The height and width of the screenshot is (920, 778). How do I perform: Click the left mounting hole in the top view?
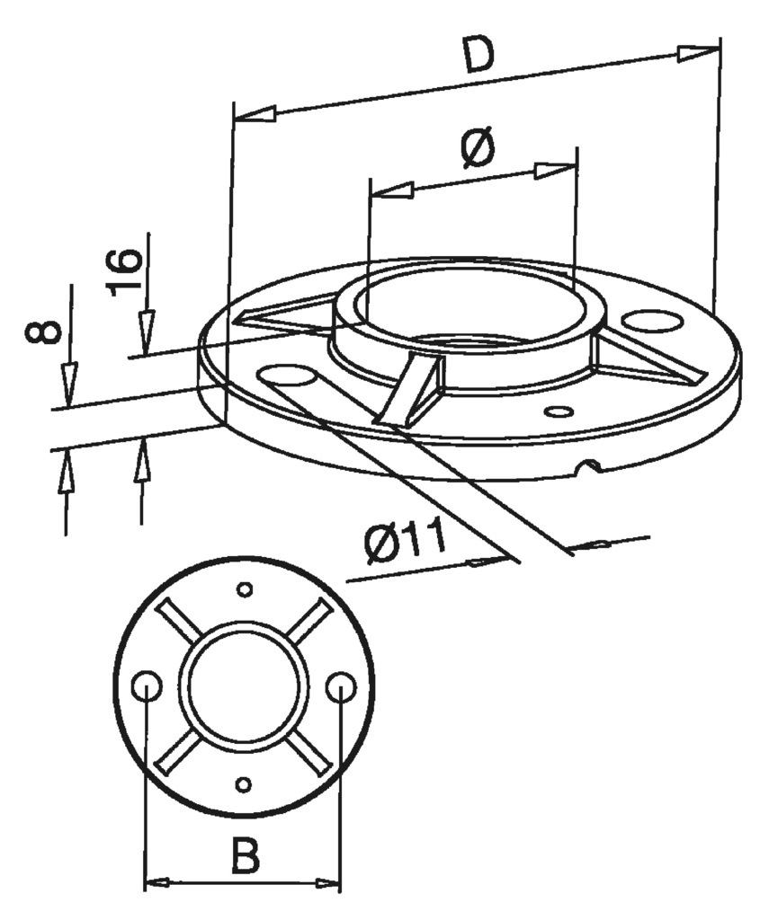pos(147,688)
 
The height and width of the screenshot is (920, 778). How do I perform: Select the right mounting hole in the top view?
pos(340,688)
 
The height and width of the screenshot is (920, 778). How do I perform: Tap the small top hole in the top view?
pos(243,590)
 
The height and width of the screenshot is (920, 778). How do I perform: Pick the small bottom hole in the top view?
pos(242,784)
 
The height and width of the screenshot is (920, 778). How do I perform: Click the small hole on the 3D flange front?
pos(560,411)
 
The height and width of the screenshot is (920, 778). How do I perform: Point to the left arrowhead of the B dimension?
pos(162,883)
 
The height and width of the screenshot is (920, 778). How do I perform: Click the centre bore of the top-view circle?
pos(243,687)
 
